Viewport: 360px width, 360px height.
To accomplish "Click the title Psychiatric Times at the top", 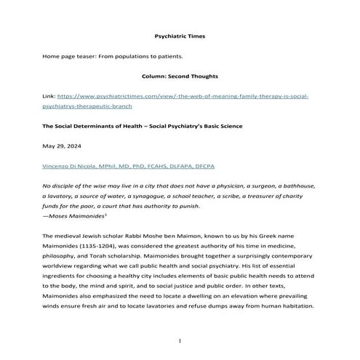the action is (180, 35).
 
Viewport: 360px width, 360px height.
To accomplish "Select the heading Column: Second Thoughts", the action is (180, 75).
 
